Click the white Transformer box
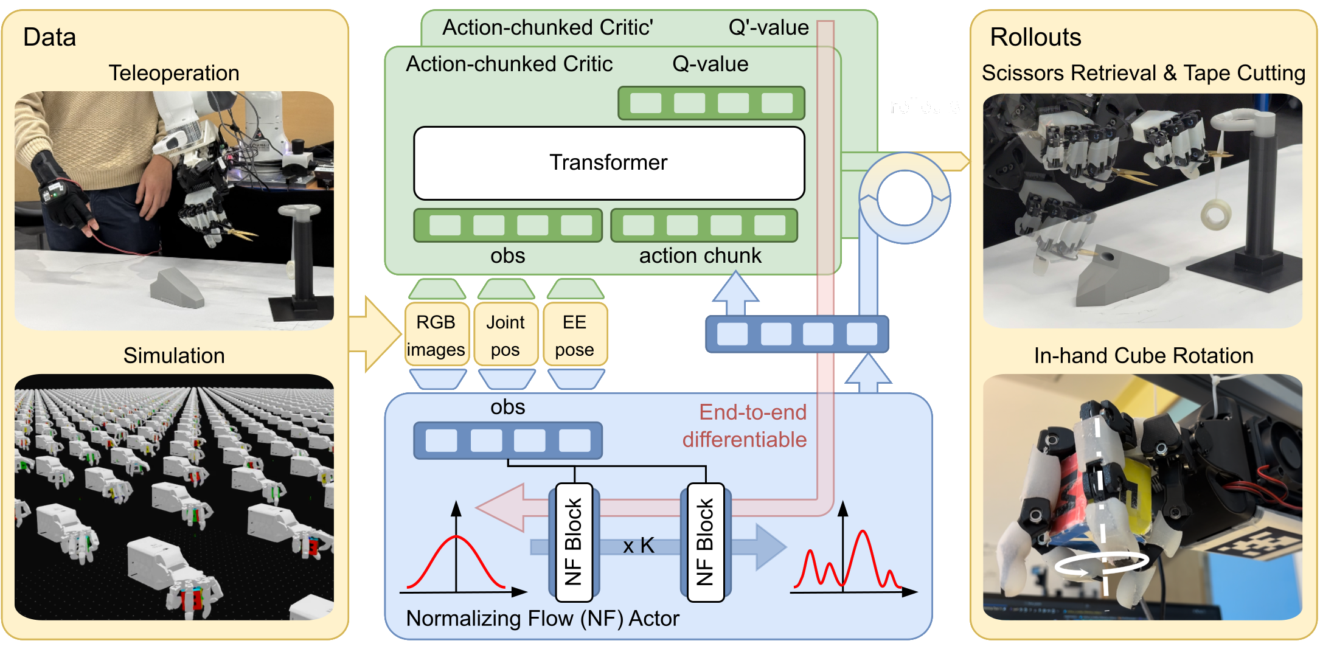[x=609, y=163]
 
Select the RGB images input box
[x=436, y=335]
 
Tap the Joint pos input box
[x=505, y=335]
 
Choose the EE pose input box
[x=574, y=335]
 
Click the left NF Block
[x=574, y=542]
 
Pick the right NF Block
[x=705, y=542]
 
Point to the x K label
[x=639, y=546]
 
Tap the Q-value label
[x=710, y=64]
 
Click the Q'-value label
[x=768, y=27]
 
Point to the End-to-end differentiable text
[x=745, y=426]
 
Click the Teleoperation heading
[x=174, y=73]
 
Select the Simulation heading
[x=174, y=356]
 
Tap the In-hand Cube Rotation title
[x=1144, y=356]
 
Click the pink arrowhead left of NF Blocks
[x=502, y=508]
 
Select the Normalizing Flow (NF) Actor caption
[x=542, y=619]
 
